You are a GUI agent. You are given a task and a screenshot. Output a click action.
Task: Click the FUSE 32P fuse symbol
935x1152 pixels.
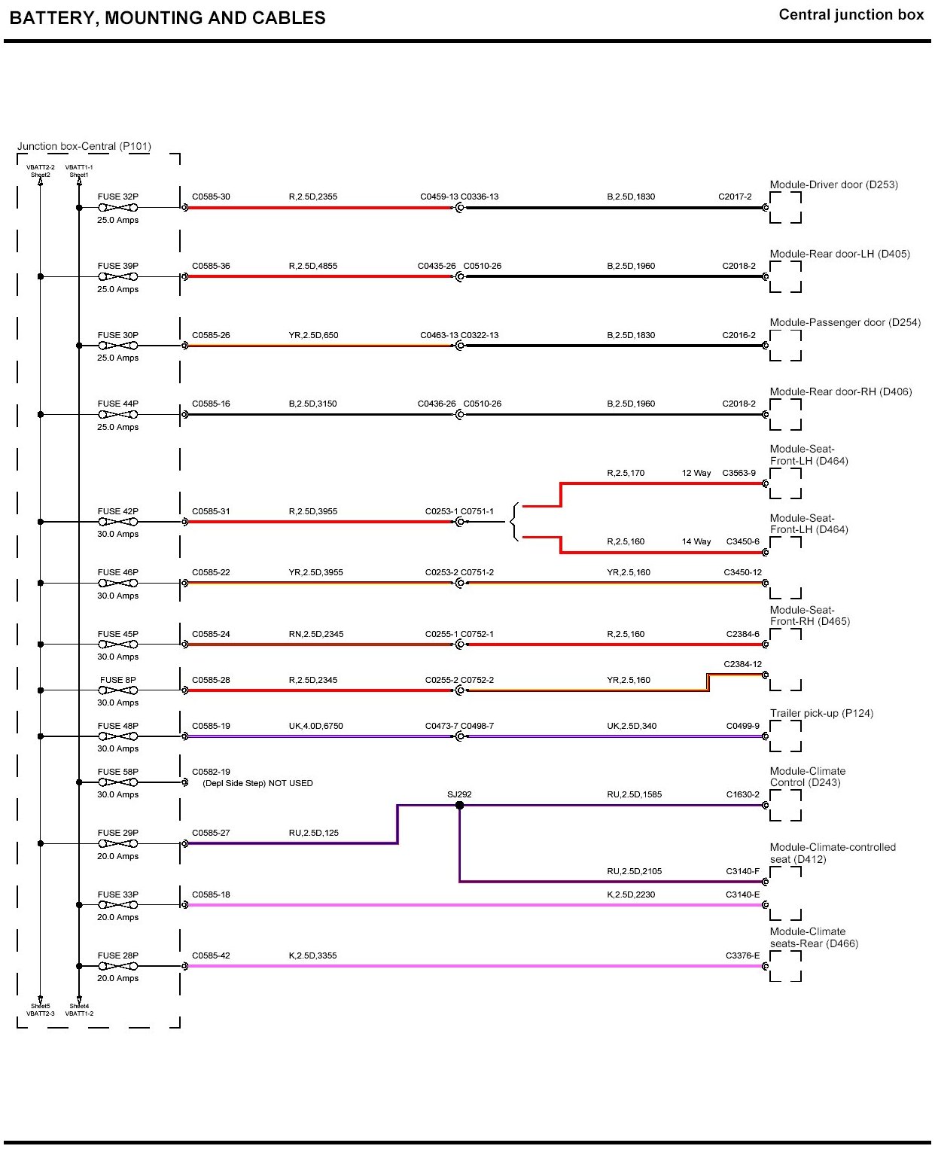(x=118, y=208)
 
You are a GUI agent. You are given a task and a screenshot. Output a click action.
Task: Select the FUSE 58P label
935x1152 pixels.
(x=118, y=772)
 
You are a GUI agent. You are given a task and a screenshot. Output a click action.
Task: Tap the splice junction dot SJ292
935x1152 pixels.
(x=459, y=806)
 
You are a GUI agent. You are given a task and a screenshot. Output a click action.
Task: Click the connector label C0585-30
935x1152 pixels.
(x=211, y=197)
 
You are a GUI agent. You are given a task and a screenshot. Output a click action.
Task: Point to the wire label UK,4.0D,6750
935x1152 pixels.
(x=315, y=726)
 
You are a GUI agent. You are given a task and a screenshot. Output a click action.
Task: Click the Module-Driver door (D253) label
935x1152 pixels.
(x=833, y=184)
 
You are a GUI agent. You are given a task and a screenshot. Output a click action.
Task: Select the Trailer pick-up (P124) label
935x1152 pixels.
(x=821, y=713)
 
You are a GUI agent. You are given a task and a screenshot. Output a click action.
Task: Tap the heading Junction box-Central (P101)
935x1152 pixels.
(x=84, y=146)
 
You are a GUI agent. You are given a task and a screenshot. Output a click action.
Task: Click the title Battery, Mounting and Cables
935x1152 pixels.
(x=167, y=18)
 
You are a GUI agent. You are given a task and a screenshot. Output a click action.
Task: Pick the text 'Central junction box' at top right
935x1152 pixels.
(x=851, y=15)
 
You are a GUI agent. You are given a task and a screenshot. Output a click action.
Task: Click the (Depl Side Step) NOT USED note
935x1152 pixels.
(x=257, y=783)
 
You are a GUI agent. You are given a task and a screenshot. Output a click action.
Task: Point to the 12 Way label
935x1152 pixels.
(x=696, y=473)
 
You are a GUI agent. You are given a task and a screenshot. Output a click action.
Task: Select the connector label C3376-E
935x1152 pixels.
(x=742, y=955)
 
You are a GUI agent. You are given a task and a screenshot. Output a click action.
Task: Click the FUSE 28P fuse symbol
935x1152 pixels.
(x=118, y=966)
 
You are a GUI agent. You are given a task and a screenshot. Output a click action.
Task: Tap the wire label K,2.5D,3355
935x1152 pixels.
(x=312, y=955)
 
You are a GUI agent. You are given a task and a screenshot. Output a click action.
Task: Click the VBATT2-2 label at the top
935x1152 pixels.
(x=41, y=167)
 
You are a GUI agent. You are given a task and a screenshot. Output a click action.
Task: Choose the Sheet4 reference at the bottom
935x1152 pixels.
(x=79, y=1006)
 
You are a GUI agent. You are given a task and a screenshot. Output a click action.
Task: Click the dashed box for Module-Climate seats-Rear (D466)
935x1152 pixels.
(x=785, y=966)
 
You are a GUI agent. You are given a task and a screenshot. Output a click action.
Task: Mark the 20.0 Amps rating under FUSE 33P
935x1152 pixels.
(x=118, y=917)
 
